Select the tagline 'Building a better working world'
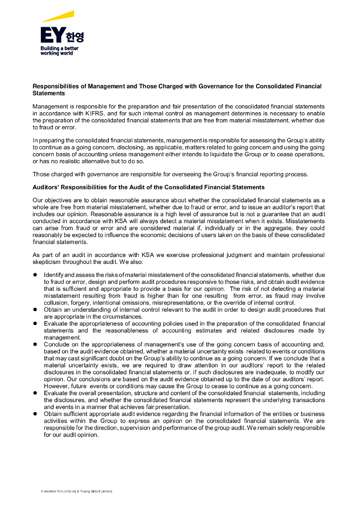pyautogui.click(x=59, y=51)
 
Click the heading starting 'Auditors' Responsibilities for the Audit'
pyautogui.click(x=149, y=187)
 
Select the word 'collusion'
pyautogui.click(x=56, y=303)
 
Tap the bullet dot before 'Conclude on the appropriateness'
pyautogui.click(x=35, y=344)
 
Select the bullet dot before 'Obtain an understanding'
pyautogui.click(x=35, y=310)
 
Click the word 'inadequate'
pyautogui.click(x=263, y=372)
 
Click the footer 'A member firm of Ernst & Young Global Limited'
pyautogui.click(x=76, y=491)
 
